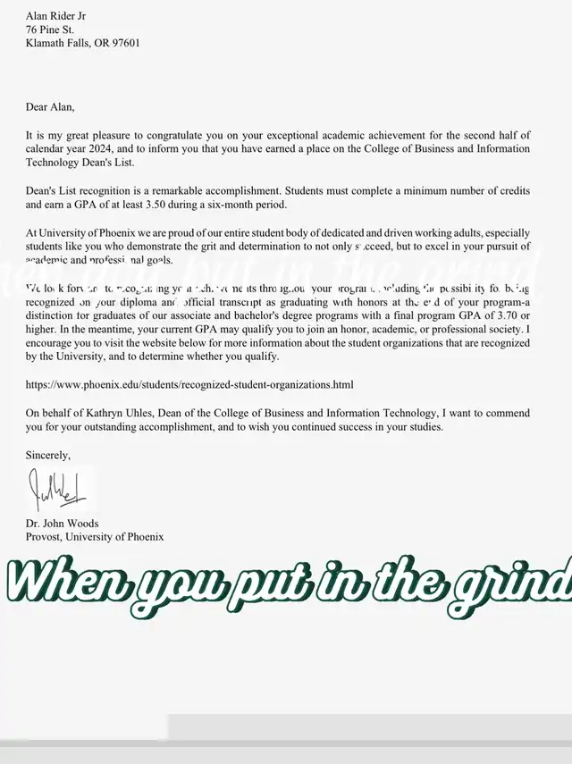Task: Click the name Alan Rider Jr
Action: (x=56, y=16)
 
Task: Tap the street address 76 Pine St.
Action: (x=49, y=29)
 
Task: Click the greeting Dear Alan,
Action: (x=50, y=107)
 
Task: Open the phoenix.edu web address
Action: (x=189, y=385)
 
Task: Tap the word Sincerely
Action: (x=47, y=456)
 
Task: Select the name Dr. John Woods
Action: (x=63, y=524)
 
